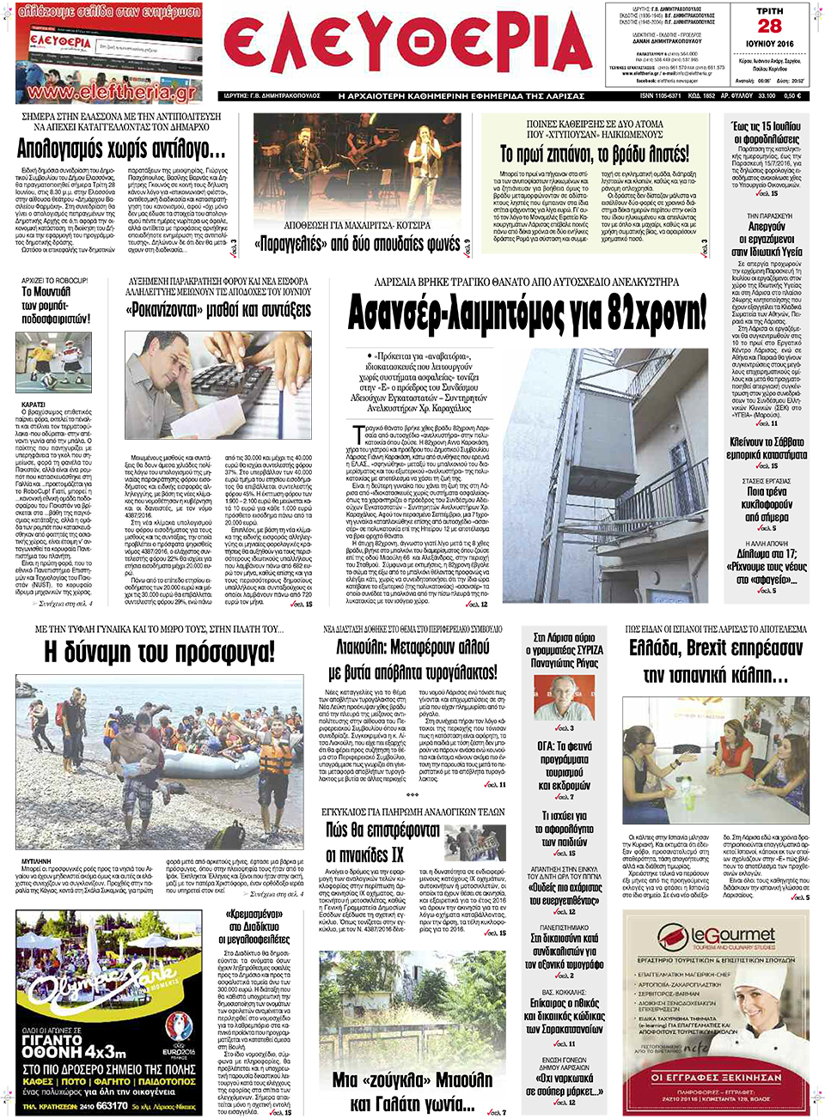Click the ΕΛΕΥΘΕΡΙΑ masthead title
click(x=407, y=47)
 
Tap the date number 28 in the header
click(x=769, y=27)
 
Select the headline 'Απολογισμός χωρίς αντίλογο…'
click(x=121, y=149)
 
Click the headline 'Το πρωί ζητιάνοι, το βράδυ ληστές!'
click(x=594, y=155)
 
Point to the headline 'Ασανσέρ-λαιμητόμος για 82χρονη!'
click(x=527, y=313)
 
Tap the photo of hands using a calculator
click(x=217, y=386)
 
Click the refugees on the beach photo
click(x=159, y=763)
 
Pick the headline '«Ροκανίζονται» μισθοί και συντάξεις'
click(x=218, y=310)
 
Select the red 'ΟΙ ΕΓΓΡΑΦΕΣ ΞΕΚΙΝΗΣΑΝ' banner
click(x=716, y=1077)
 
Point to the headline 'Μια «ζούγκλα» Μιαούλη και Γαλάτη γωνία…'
click(x=412, y=1091)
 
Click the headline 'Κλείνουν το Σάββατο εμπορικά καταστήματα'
click(x=767, y=448)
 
